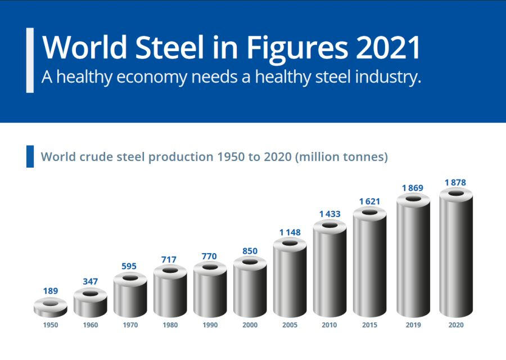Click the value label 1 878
coord(455,183)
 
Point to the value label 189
coord(51,291)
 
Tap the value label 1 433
coord(330,214)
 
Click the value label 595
coord(130,266)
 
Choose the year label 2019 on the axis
coord(413,325)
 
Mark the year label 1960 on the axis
coord(91,325)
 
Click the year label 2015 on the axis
coord(369,325)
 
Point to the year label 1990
coord(210,325)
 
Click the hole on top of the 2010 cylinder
coord(330,226)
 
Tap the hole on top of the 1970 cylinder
coord(130,278)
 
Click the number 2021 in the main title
coord(388,48)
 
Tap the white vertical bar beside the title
coord(30,60)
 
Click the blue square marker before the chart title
coord(30,156)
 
